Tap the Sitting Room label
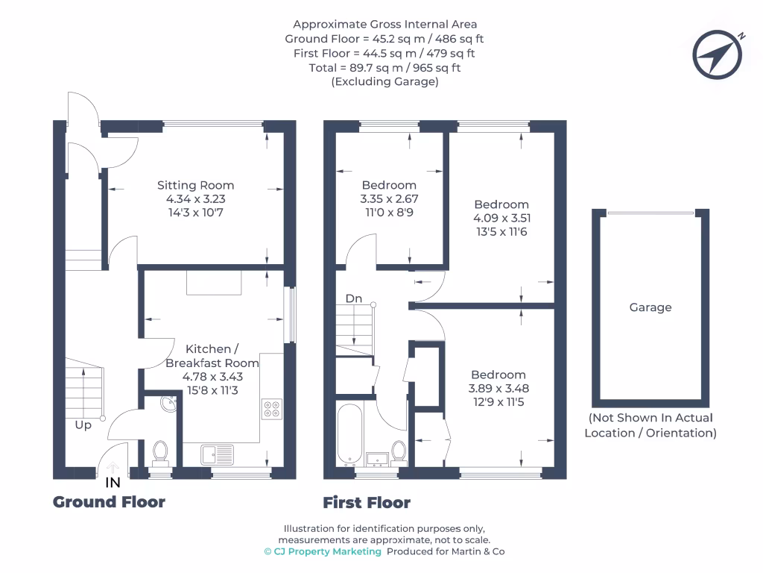[195, 185]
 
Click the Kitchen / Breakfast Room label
[212, 356]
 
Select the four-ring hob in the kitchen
[271, 409]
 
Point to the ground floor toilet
[159, 451]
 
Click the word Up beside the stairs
[83, 425]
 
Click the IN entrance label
[113, 483]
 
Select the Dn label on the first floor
[353, 298]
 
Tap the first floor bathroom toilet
[399, 451]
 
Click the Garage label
[650, 307]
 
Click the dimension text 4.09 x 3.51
[501, 218]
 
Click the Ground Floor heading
[109, 501]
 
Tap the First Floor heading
[366, 502]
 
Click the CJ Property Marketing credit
[323, 551]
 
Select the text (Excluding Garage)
[384, 82]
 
